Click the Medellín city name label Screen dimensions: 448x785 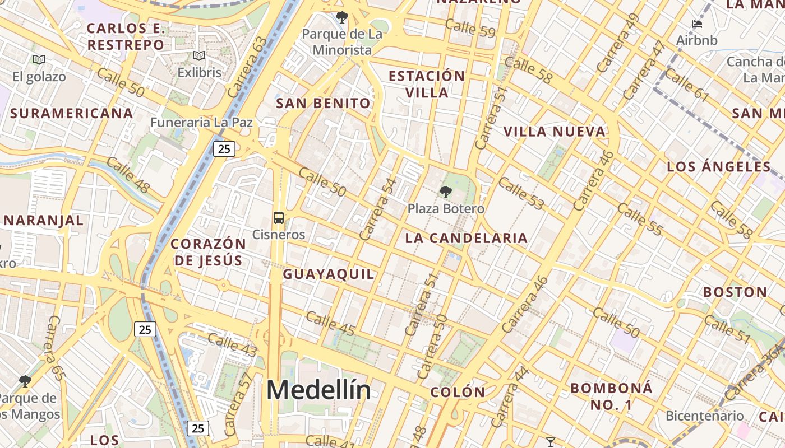(x=318, y=390)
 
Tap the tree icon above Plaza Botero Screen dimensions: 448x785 (x=446, y=193)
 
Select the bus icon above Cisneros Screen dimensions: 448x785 (x=278, y=218)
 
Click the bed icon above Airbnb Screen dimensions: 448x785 (x=697, y=24)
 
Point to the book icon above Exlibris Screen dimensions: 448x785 (x=199, y=56)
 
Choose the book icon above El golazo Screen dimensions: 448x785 (x=39, y=59)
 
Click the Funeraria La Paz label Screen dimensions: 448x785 (x=201, y=122)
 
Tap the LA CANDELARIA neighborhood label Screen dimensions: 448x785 (x=466, y=238)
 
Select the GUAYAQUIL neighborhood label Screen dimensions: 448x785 (x=328, y=274)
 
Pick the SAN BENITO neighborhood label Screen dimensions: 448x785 (x=324, y=103)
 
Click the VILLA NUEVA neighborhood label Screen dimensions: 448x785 (x=555, y=132)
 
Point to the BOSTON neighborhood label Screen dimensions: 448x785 (x=735, y=292)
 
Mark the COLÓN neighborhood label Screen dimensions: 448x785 (x=457, y=392)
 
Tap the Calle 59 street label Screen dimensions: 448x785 (x=470, y=28)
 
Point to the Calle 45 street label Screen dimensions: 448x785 (x=330, y=324)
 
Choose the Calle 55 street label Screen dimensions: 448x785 (x=640, y=220)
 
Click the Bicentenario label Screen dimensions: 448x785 (x=704, y=416)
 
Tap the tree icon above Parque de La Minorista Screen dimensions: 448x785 (x=341, y=17)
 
